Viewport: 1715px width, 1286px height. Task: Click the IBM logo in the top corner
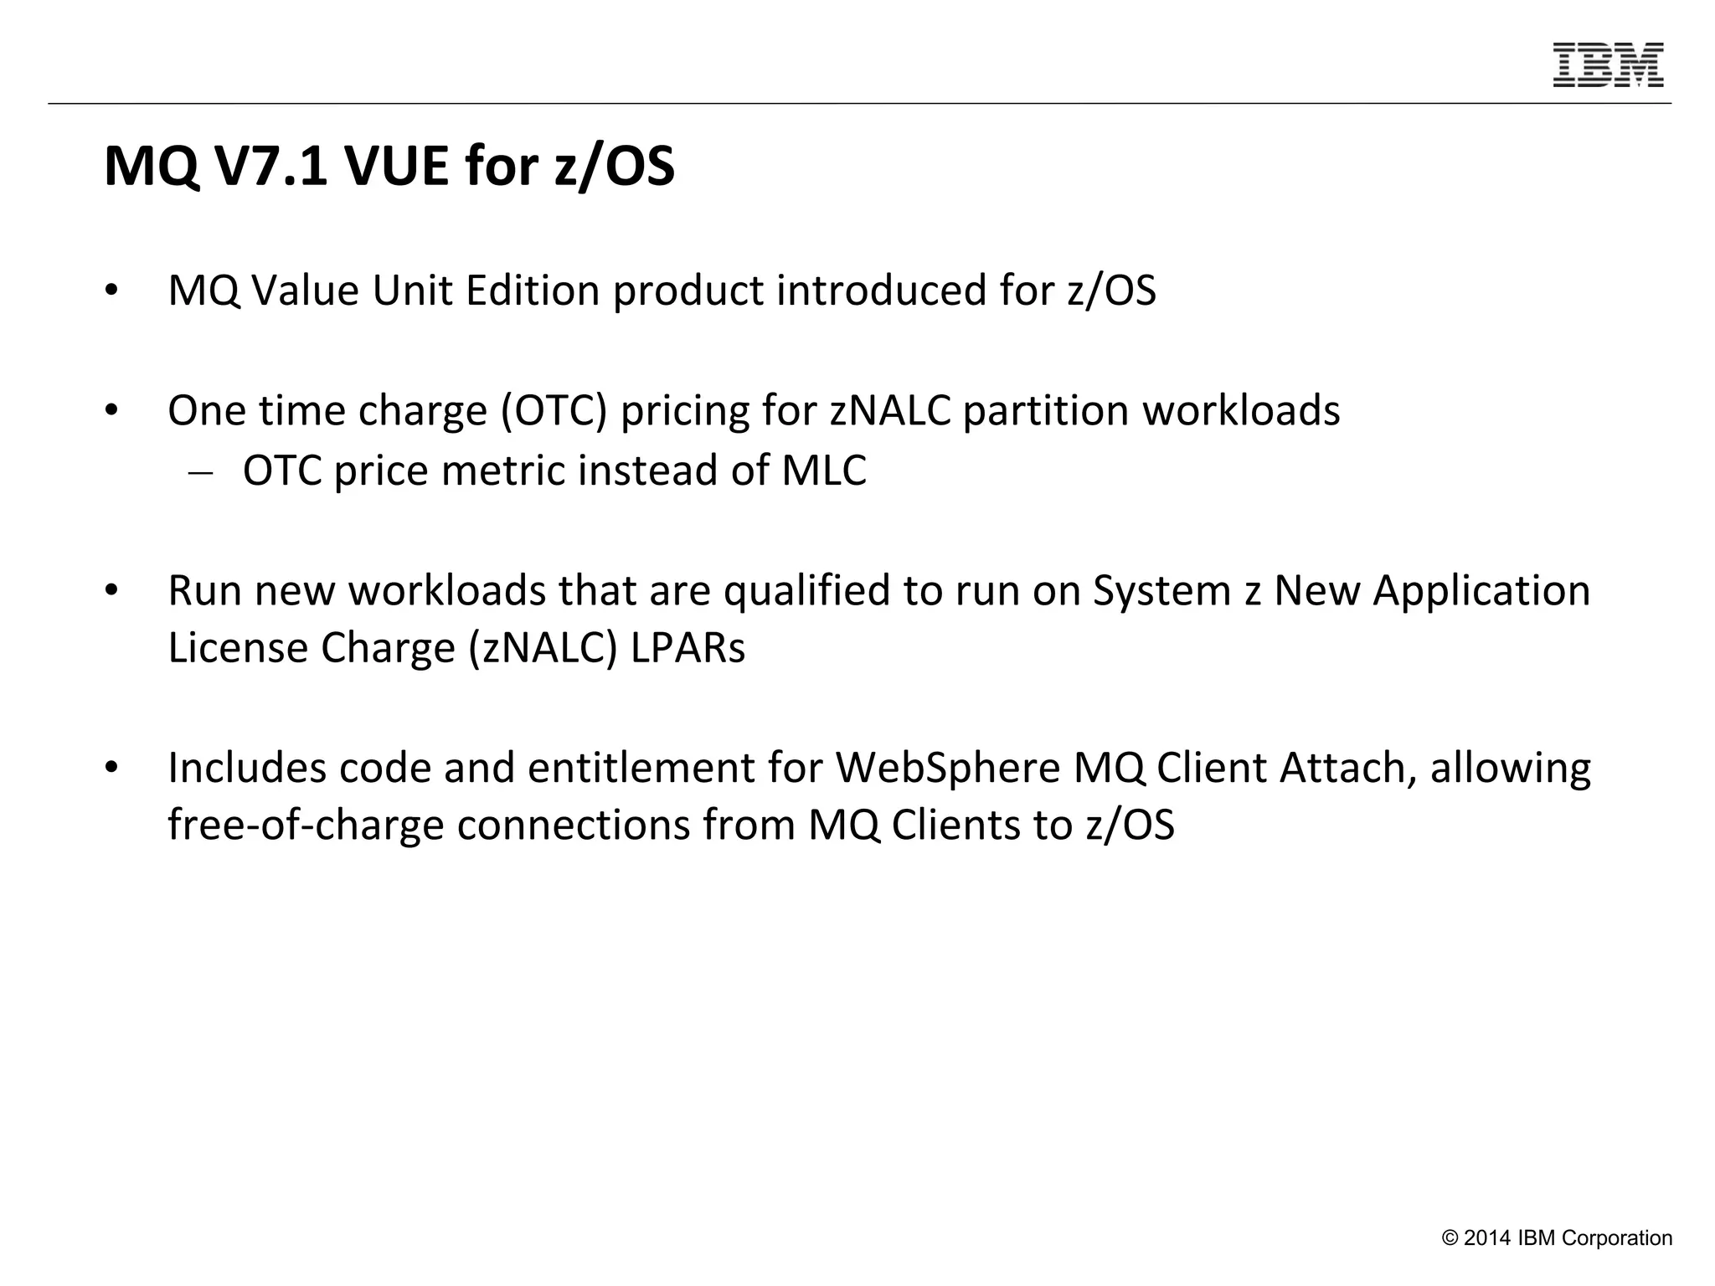[1608, 64]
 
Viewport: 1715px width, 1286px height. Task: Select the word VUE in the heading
[399, 167]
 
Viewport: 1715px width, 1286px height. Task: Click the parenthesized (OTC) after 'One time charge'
[554, 410]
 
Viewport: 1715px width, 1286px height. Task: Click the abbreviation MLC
[824, 471]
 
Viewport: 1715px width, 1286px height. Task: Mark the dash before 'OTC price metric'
[200, 472]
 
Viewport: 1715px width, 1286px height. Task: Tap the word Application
[1481, 590]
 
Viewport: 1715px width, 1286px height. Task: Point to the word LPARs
[688, 648]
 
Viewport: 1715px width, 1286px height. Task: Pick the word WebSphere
[948, 768]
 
